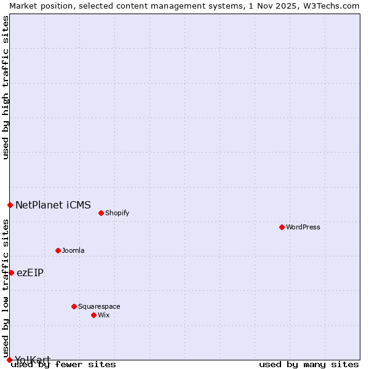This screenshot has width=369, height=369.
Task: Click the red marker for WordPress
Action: pyautogui.click(x=282, y=227)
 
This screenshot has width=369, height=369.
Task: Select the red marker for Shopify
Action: pyautogui.click(x=101, y=213)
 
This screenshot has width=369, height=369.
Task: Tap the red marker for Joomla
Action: pyautogui.click(x=58, y=250)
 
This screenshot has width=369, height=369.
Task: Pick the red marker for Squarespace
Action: pyautogui.click(x=74, y=306)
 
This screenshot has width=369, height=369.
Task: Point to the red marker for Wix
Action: pyautogui.click(x=93, y=315)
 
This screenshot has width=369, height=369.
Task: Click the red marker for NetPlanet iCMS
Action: pyautogui.click(x=10, y=205)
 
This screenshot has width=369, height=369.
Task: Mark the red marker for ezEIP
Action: pyautogui.click(x=11, y=272)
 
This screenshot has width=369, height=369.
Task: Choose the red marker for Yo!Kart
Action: pyautogui.click(x=9, y=360)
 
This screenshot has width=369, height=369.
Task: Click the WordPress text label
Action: pyautogui.click(x=303, y=227)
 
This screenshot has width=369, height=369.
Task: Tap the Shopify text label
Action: pyautogui.click(x=117, y=213)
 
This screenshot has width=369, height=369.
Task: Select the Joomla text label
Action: pyautogui.click(x=73, y=250)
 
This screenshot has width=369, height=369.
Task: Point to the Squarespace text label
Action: pyautogui.click(x=99, y=306)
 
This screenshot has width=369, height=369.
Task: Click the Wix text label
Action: pyautogui.click(x=104, y=315)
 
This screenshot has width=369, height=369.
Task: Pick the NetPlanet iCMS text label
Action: pyautogui.click(x=53, y=205)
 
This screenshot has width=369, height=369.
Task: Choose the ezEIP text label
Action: pyautogui.click(x=30, y=272)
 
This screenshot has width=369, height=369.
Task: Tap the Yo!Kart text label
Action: pyautogui.click(x=33, y=360)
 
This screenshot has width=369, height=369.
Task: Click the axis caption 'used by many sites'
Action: pyautogui.click(x=309, y=365)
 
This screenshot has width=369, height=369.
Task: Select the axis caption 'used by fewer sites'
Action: pyautogui.click(x=64, y=365)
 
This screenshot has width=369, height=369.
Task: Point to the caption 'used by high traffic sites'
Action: pyautogui.click(x=6, y=87)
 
